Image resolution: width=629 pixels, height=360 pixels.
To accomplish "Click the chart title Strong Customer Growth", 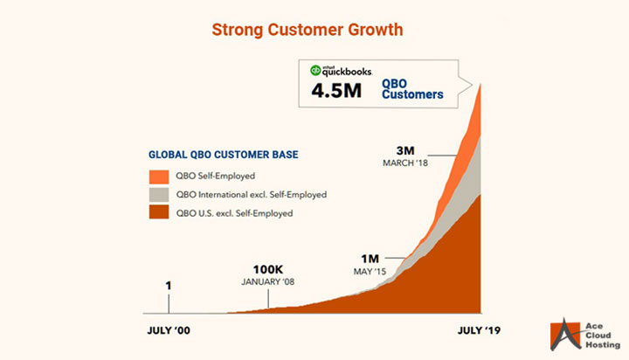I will [308, 30].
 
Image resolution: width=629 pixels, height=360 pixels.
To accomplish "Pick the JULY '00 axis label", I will [167, 331].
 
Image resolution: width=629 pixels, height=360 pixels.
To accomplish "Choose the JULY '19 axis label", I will [480, 331].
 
